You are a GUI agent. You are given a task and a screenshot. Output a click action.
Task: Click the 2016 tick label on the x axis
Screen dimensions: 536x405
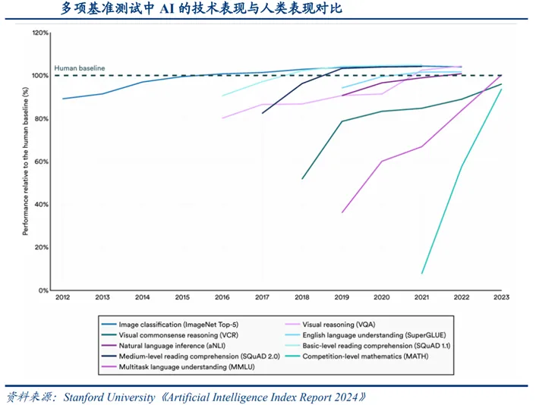coord(222,297)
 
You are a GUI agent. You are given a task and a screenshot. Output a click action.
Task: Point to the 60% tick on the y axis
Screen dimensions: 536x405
coord(41,162)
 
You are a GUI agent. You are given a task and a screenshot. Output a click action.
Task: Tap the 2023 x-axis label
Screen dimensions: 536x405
coord(501,297)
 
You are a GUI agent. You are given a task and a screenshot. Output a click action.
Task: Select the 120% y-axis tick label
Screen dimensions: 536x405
coord(40,33)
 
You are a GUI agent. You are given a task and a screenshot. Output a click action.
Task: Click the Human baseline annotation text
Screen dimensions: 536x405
coord(80,68)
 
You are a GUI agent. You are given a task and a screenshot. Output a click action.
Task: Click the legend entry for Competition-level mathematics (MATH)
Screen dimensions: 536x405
coord(365,356)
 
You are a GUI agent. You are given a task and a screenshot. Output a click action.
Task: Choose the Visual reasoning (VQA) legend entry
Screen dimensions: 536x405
coord(339,325)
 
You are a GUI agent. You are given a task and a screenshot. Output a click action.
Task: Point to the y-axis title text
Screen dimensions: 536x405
coord(25,162)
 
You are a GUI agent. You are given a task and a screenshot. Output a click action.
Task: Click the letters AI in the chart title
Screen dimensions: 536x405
coord(167,8)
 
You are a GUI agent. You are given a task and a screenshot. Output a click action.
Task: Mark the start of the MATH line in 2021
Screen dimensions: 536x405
coord(422,274)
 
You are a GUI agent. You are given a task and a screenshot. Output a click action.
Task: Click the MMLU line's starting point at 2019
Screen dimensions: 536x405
coord(342,212)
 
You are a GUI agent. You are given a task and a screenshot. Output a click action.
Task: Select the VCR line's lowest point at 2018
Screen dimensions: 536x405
coord(302,179)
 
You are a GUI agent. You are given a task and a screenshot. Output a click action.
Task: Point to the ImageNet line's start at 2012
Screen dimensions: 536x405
coord(62,99)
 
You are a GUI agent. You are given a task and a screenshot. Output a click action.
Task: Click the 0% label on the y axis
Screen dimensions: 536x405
coord(43,290)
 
